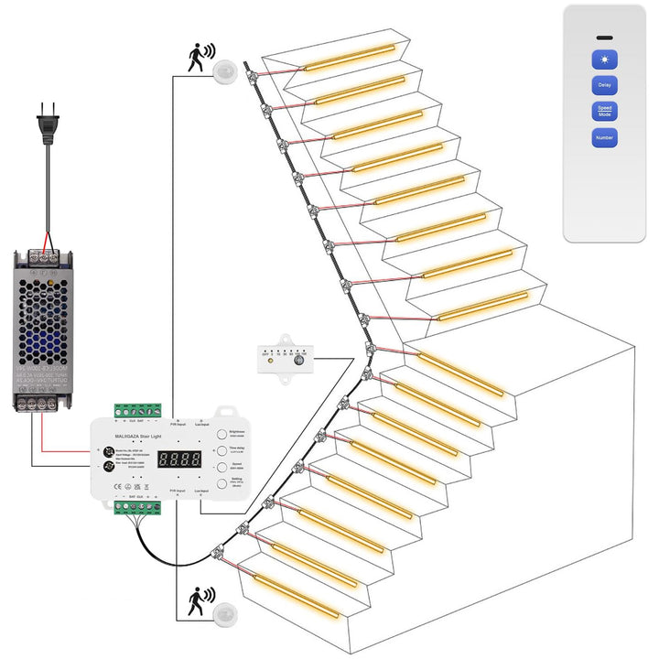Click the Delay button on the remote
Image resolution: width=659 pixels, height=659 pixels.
[x=604, y=85]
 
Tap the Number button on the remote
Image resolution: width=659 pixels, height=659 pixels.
[x=604, y=138]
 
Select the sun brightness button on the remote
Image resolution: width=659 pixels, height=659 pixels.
[x=604, y=59]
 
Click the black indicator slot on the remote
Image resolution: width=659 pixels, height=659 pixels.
[x=604, y=38]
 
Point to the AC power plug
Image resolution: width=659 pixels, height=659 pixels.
[x=45, y=129]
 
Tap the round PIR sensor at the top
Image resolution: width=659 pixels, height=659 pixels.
[x=225, y=70]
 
